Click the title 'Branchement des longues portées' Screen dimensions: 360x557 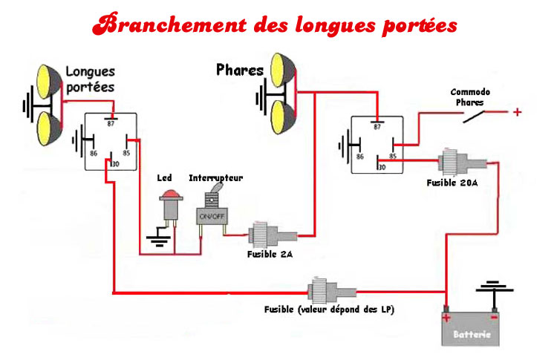[x=275, y=24]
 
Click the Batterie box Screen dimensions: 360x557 [x=471, y=327]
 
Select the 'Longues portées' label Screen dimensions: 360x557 [x=91, y=79]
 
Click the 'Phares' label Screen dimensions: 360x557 [x=240, y=71]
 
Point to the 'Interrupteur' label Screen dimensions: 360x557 [x=215, y=178]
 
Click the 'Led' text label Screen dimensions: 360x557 [x=165, y=178]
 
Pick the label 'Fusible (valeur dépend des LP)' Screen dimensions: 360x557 [x=328, y=308]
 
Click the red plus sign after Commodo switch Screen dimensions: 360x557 [x=518, y=112]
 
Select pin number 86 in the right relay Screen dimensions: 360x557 [x=360, y=157]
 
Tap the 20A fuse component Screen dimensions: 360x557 [x=452, y=162]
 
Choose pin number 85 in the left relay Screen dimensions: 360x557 [x=126, y=153]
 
